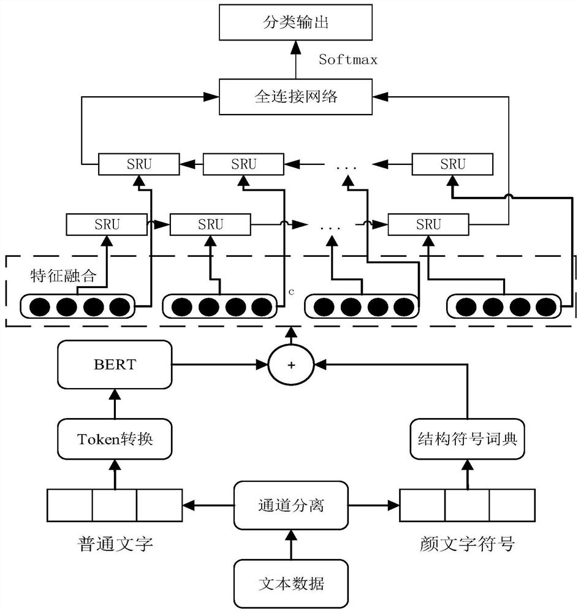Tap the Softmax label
point(347,59)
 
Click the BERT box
point(115,364)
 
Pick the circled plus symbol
point(291,364)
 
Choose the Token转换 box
point(115,439)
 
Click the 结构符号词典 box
point(468,439)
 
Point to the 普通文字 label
point(115,543)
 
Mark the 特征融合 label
point(63,275)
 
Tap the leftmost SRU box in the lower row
point(107,224)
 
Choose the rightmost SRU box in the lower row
point(428,224)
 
